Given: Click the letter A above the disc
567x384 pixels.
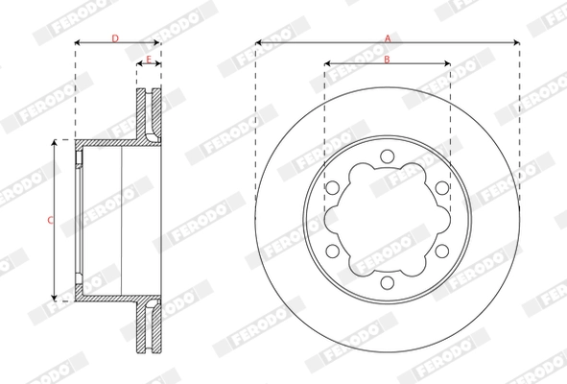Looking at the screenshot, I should [388, 38].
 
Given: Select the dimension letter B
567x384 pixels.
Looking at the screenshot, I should [387, 60].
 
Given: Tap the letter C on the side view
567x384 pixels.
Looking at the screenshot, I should [49, 220].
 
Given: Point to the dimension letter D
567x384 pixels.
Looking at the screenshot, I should [115, 38].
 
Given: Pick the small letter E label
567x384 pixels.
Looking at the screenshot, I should [149, 60].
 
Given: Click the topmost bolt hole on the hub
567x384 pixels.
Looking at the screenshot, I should [387, 156].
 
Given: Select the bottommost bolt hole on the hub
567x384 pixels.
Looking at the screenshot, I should [387, 282].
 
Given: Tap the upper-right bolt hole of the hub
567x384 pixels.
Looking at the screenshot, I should [441, 188].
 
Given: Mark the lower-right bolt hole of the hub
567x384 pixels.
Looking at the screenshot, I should [441, 251].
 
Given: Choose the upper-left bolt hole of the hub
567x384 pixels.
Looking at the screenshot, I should [332, 188].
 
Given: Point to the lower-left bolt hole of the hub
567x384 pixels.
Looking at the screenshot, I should [332, 251].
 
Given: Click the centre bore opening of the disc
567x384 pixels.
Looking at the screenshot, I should [387, 220].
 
